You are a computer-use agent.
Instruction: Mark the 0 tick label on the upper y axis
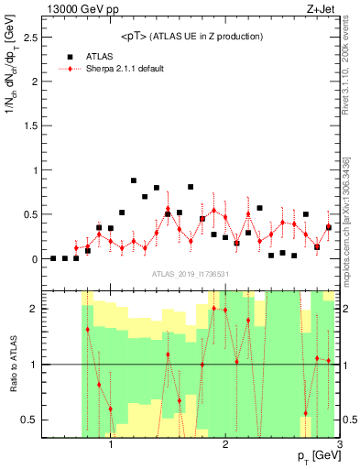pos(35,259)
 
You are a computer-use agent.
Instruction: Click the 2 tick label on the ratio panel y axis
pos(35,309)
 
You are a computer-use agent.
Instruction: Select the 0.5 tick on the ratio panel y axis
pos(31,420)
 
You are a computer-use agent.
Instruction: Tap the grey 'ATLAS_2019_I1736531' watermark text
pos(192,274)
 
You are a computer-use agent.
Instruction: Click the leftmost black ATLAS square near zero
pos(53,258)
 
